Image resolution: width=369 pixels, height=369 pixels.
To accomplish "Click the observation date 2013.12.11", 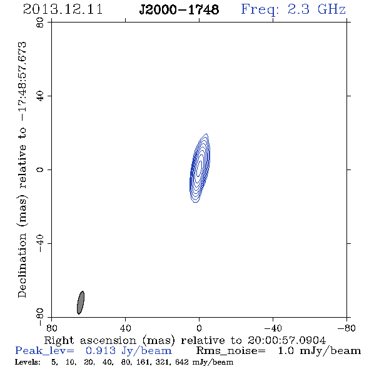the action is (63, 9).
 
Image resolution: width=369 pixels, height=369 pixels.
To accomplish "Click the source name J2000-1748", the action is (179, 9).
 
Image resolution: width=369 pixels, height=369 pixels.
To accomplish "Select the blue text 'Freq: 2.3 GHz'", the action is (293, 9).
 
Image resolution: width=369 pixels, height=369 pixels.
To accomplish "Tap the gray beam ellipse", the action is (81, 303).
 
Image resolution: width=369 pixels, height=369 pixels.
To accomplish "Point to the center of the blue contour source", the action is (200, 168).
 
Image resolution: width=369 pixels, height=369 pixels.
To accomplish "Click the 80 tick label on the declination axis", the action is (40, 23).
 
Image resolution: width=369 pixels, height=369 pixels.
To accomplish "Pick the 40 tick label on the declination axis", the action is (40, 96).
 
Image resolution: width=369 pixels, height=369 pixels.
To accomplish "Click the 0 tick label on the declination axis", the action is (40, 169).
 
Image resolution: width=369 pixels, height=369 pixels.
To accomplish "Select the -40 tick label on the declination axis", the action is (40, 243).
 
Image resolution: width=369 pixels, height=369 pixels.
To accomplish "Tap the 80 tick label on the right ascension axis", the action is (51, 328).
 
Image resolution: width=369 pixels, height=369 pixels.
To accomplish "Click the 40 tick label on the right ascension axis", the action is (125, 328).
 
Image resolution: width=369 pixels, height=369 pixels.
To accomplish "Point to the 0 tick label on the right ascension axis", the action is (199, 328).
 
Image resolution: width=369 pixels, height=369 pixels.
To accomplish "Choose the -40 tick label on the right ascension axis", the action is (273, 328).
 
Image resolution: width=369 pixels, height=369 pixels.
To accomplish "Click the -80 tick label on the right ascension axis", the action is (346, 328).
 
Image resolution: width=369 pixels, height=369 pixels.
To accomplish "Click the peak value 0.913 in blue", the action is (101, 351).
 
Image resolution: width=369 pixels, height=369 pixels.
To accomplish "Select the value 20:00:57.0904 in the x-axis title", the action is (286, 340).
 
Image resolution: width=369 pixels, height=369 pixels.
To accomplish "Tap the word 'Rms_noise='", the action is (231, 351).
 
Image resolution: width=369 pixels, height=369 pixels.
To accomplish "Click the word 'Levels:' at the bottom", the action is (28, 361).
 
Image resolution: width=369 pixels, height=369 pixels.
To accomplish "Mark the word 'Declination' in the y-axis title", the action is (22, 265).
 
